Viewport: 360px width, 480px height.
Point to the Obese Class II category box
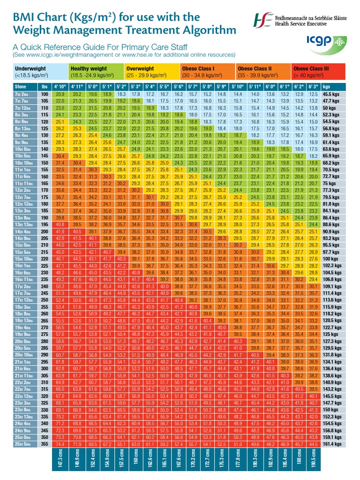tap(262, 71)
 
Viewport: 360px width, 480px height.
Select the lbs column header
tap(45, 87)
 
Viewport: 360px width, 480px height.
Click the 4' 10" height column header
tap(60, 87)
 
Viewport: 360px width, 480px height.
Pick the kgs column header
tap(334, 87)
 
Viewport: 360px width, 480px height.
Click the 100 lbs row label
tap(45, 94)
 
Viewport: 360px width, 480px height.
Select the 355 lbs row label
tap(45, 444)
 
